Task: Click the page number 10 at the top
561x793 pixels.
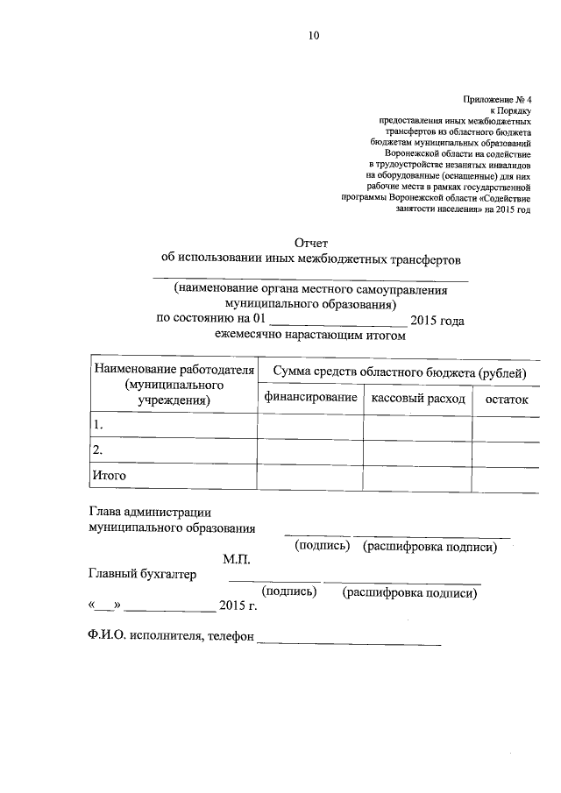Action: coord(314,36)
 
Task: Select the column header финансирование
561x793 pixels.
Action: coord(309,399)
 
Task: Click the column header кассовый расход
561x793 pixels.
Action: coord(418,399)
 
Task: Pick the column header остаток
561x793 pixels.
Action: coord(501,399)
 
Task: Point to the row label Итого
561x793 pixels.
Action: coord(110,475)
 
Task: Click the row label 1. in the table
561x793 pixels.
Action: coord(98,425)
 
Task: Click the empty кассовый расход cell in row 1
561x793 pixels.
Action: coord(418,426)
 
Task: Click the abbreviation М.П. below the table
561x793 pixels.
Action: coord(237,558)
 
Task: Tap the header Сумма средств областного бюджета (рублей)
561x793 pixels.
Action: coord(399,373)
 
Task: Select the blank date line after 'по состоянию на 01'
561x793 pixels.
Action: coord(337,323)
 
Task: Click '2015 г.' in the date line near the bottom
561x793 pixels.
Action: coord(238,606)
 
